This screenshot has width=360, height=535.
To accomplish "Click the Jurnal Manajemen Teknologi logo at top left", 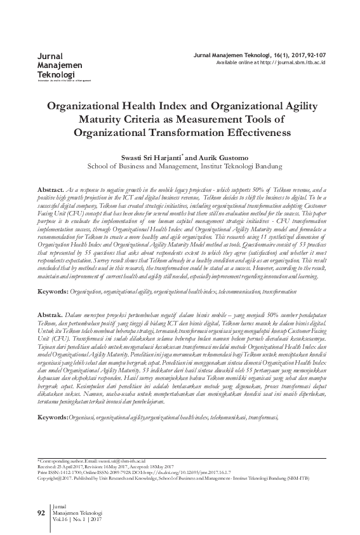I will [56, 66].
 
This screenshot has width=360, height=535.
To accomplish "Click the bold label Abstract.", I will [51, 190].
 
